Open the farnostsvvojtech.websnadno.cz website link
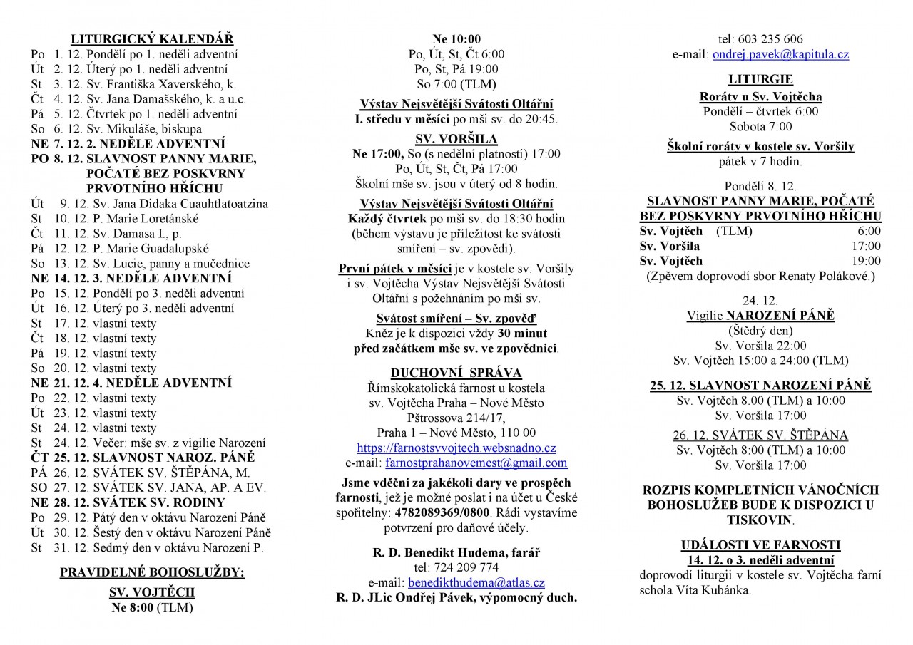[x=456, y=448]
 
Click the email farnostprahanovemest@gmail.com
[x=476, y=463]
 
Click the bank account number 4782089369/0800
[x=449, y=513]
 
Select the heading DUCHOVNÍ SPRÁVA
[x=456, y=373]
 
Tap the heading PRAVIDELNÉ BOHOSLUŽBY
[x=152, y=572]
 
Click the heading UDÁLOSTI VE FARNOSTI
[x=760, y=545]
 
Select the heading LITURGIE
[x=760, y=79]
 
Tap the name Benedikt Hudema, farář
[x=456, y=552]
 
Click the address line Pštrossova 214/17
[x=456, y=418]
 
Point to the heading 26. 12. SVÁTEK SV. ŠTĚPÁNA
[x=760, y=435]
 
